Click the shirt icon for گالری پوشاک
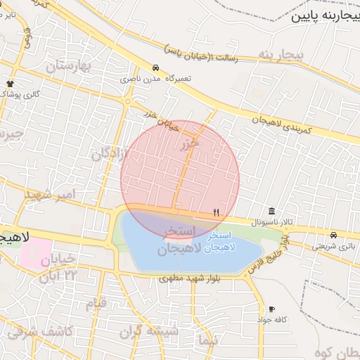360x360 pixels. pyautogui.click(x=10, y=84)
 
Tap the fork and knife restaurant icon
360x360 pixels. pyautogui.click(x=216, y=212)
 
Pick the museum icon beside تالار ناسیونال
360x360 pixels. pyautogui.click(x=271, y=211)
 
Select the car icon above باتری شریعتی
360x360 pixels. pyautogui.click(x=333, y=235)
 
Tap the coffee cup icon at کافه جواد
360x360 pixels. pyautogui.click(x=271, y=309)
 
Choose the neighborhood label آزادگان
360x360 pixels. pyautogui.click(x=109, y=152)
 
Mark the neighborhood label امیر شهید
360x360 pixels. pyautogui.click(x=49, y=193)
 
